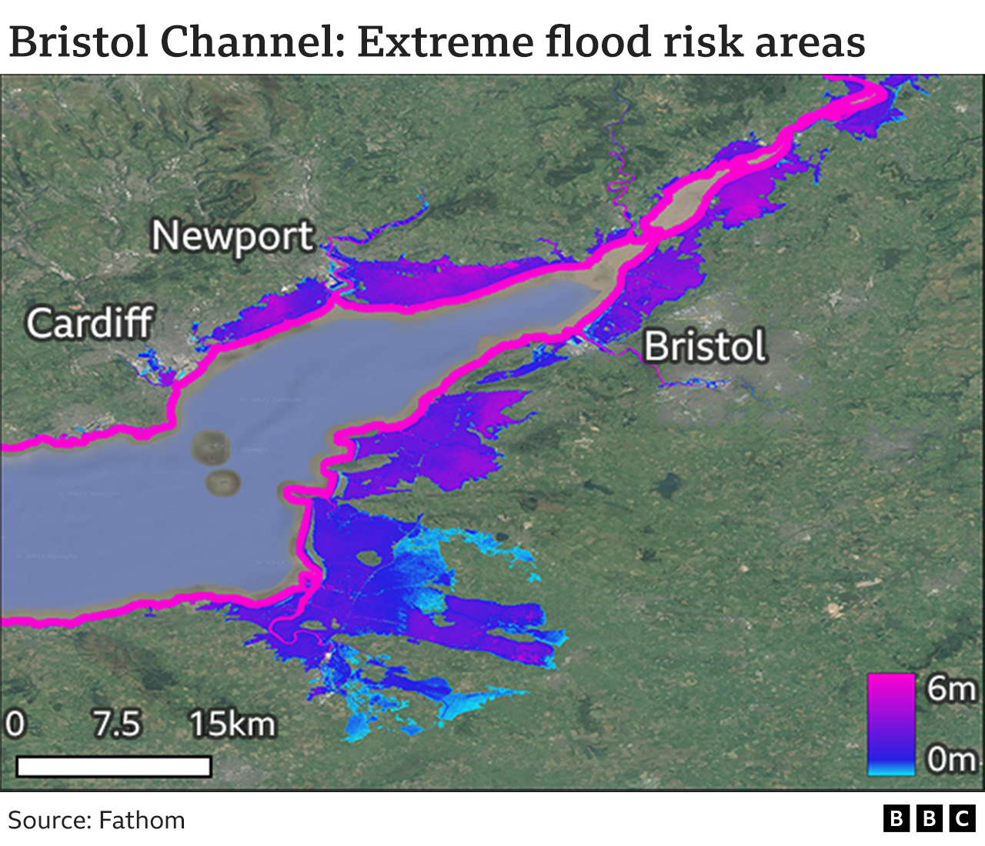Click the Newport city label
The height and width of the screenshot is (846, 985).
[232, 237]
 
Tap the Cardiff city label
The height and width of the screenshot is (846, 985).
[90, 323]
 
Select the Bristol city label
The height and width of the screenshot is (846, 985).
[705, 346]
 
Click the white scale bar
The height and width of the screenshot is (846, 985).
[114, 767]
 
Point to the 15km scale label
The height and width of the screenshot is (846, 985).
[232, 724]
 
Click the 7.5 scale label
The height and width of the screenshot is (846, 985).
[117, 724]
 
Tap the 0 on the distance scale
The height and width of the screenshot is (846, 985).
[15, 724]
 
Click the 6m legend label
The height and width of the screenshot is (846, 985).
[951, 688]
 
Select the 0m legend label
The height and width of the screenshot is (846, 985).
[951, 759]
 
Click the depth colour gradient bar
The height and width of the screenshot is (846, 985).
[891, 724]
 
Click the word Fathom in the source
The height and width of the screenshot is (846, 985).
[142, 821]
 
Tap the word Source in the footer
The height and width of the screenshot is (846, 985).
[49, 821]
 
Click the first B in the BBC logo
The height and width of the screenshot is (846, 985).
[897, 819]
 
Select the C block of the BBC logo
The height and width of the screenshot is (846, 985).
[962, 819]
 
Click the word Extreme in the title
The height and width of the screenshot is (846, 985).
[446, 42]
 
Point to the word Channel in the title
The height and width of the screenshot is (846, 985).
[253, 42]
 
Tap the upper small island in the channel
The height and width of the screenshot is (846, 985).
[209, 446]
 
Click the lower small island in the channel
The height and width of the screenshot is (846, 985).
[223, 482]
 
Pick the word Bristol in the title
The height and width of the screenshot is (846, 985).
[78, 42]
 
